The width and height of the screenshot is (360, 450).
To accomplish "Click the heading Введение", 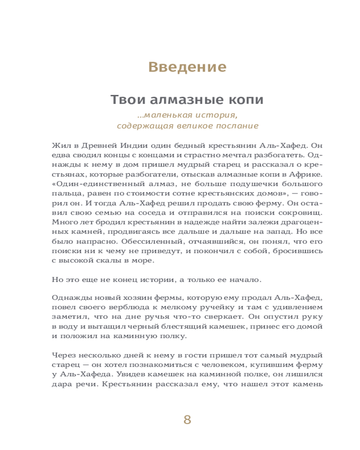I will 187,67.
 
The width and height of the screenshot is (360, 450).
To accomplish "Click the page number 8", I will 187,420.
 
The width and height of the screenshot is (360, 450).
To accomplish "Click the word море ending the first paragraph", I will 144,261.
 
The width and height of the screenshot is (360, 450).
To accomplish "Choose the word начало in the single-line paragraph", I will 245,279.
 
